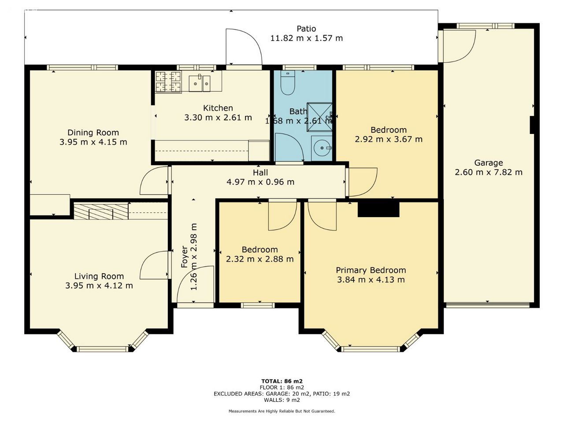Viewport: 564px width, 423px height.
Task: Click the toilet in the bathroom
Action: (x=288, y=83)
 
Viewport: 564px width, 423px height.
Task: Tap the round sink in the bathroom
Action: (x=322, y=148)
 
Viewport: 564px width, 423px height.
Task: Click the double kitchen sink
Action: (x=200, y=83)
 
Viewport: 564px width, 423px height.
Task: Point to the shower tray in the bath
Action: (x=319, y=117)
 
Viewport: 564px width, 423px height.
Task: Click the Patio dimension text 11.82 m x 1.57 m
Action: (x=306, y=38)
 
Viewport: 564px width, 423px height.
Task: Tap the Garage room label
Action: (x=489, y=163)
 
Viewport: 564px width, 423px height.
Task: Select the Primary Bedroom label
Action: (x=371, y=271)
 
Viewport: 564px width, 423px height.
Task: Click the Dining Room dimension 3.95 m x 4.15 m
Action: (x=93, y=142)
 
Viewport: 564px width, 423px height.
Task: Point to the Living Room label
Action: (x=99, y=276)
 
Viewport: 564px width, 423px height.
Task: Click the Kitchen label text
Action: (x=218, y=108)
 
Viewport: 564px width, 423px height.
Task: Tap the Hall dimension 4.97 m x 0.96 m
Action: (x=260, y=182)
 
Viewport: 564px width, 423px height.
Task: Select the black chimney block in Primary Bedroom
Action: (x=378, y=209)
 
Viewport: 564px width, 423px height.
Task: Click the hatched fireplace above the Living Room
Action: (x=101, y=211)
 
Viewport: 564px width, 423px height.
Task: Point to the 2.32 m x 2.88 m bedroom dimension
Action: (x=260, y=259)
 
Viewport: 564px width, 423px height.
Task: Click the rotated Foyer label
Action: (x=185, y=257)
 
